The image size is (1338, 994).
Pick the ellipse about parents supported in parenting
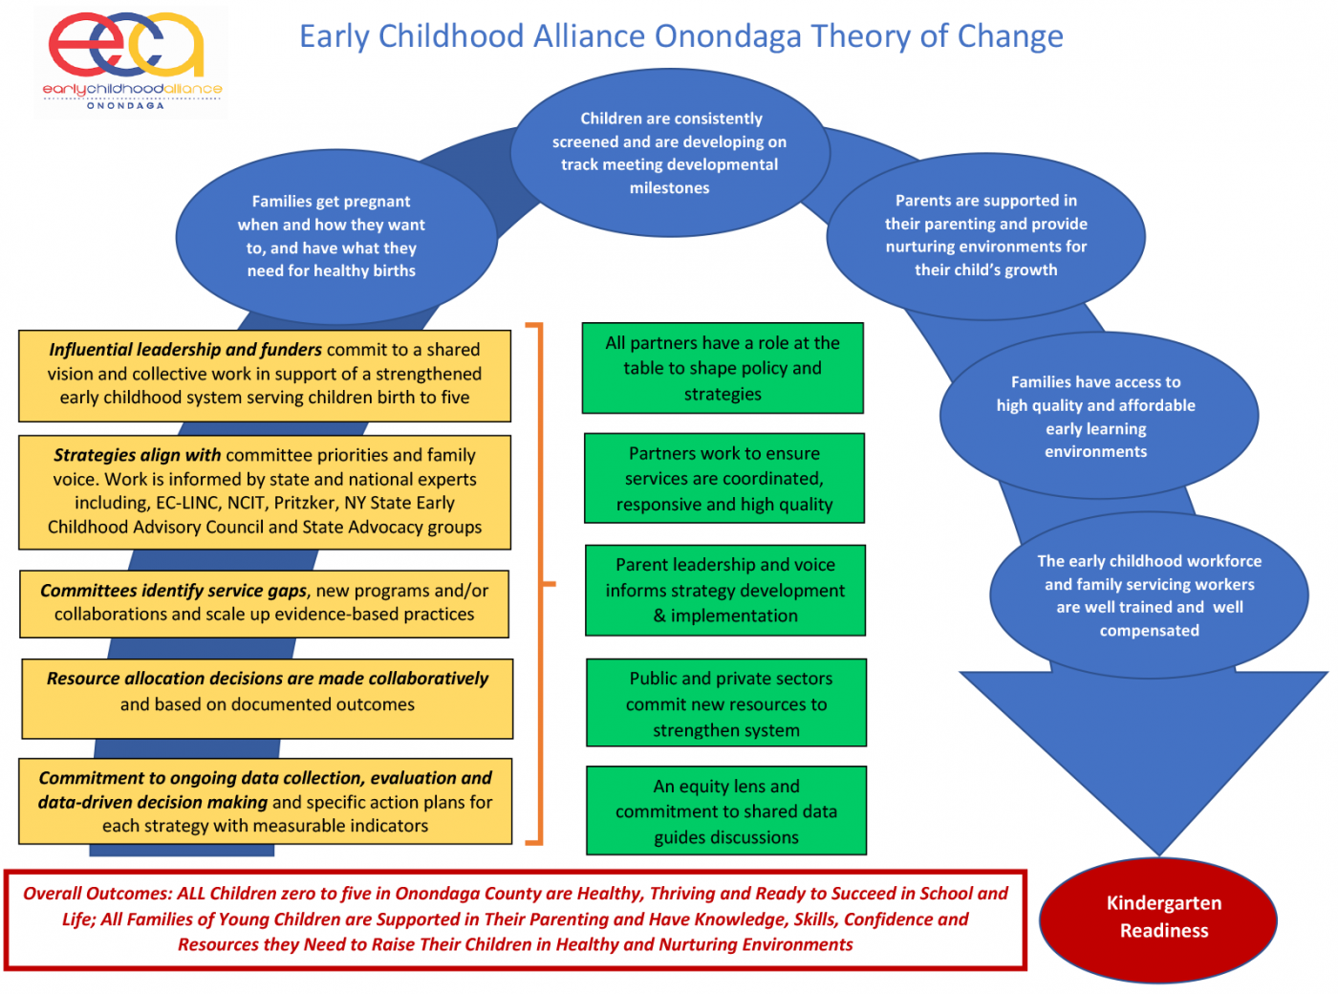985,235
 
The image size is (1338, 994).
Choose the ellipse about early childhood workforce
1149,594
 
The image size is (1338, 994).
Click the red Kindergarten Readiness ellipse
1158,918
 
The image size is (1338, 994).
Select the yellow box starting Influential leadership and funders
265,375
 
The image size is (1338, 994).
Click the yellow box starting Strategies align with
265,491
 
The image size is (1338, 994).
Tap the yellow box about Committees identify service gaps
265,603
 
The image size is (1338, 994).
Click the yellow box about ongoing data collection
265,801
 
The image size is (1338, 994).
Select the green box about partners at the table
723,368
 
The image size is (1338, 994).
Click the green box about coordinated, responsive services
724,478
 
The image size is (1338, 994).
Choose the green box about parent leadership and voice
725,590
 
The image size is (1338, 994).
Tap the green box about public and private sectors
726,702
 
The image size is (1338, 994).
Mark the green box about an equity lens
726,810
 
